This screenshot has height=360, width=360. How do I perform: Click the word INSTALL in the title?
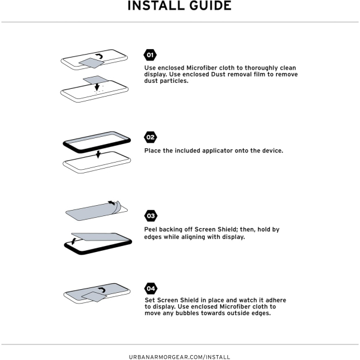pos(156,5)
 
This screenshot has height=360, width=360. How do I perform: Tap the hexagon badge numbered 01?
pos(150,55)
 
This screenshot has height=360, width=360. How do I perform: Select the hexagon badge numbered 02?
pos(151,137)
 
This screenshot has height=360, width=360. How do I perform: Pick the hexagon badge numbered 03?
pos(151,216)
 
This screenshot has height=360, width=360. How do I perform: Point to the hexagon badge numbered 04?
pos(151,289)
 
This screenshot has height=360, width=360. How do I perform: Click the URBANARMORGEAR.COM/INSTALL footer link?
pos(179,357)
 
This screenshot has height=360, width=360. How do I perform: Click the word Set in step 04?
pos(150,300)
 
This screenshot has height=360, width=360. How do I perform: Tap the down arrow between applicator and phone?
pos(98,155)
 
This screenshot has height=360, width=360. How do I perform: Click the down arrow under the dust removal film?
pos(97,87)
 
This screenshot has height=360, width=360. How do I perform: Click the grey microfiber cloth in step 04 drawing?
pos(94,296)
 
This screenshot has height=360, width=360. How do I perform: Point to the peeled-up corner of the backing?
pos(118,206)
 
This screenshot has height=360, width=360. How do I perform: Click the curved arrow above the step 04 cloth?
pos(103,290)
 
